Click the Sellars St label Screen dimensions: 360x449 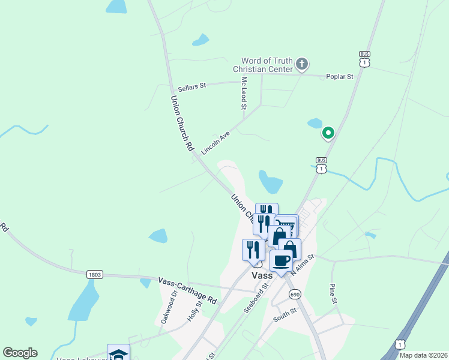[x=191, y=86]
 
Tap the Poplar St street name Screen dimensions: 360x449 [x=339, y=77]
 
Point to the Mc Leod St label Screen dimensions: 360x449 [x=244, y=93]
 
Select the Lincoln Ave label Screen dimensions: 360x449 [x=216, y=144]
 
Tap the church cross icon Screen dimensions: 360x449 [x=303, y=63]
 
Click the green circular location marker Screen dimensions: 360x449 [x=328, y=133]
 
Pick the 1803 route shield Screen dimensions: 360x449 [x=95, y=274]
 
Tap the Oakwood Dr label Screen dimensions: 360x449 [x=167, y=308]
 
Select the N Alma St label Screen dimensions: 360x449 [x=303, y=265]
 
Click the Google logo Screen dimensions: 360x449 [x=20, y=353]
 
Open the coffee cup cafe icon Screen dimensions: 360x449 [x=282, y=260]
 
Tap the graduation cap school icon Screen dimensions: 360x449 [x=118, y=353]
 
